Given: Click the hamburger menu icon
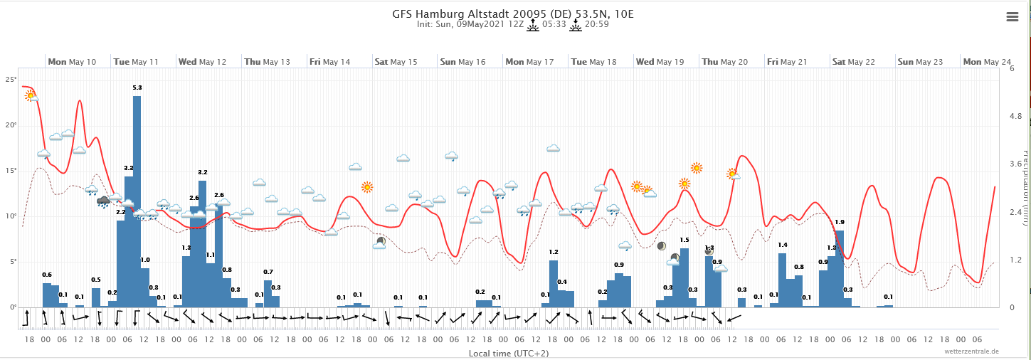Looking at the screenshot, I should (x=1013, y=18).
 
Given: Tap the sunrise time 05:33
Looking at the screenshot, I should (x=554, y=24).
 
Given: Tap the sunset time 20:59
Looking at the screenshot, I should (x=596, y=24).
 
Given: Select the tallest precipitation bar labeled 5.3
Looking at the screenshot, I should (x=137, y=199).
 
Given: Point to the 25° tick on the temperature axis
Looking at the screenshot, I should (x=10, y=80).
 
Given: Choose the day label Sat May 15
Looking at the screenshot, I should (x=396, y=62).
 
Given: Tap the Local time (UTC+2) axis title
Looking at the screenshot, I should (x=508, y=353).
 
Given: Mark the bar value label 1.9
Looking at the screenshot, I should (x=840, y=223).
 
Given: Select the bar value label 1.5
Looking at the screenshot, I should (x=684, y=240).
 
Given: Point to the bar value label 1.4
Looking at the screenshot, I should (x=783, y=245).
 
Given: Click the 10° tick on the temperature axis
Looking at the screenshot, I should (x=10, y=216).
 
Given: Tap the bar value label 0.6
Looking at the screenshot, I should (x=47, y=275).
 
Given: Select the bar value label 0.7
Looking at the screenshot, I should (x=268, y=272).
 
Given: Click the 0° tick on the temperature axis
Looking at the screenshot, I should (x=11, y=307).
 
